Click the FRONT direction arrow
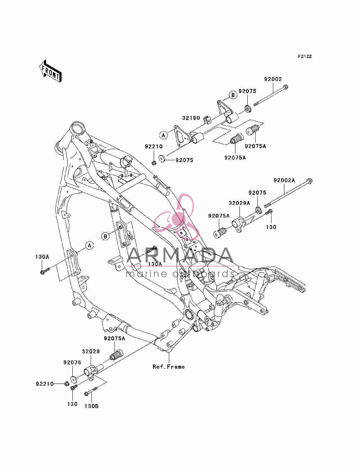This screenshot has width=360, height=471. [x=50, y=71]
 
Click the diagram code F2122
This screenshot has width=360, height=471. [x=305, y=57]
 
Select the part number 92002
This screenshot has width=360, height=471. [x=273, y=79]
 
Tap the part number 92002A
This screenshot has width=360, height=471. [x=284, y=180]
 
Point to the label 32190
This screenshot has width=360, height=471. [x=191, y=118]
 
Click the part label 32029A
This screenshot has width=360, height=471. [x=239, y=203]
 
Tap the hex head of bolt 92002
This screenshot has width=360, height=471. [x=285, y=87]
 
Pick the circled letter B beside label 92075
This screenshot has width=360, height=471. [x=233, y=95]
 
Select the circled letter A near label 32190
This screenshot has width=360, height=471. [x=163, y=135]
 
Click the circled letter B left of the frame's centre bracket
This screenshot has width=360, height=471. [x=105, y=237]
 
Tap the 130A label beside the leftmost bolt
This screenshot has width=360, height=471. [x=42, y=257]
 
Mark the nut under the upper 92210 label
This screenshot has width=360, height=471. [x=154, y=163]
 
